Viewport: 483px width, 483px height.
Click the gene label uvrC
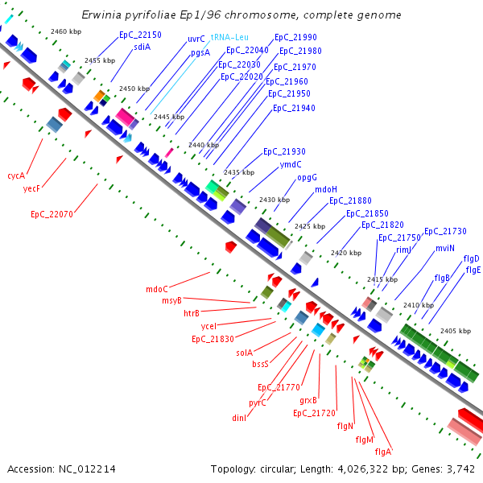click(196, 39)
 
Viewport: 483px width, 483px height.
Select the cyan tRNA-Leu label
click(229, 37)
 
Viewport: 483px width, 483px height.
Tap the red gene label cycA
click(16, 175)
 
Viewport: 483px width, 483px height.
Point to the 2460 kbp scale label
click(66, 31)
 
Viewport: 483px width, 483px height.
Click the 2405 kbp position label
click(456, 331)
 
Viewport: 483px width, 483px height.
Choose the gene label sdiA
click(142, 47)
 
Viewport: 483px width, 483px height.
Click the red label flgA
click(383, 452)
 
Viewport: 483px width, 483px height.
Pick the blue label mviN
click(445, 248)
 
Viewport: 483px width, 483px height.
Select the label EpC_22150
click(140, 35)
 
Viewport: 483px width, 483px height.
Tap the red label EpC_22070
click(52, 214)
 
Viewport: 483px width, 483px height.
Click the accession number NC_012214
click(87, 469)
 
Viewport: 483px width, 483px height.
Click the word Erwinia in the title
click(101, 14)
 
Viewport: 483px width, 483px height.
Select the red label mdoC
click(157, 289)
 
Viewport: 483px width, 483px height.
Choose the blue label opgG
click(307, 178)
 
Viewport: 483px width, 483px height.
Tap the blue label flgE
click(473, 270)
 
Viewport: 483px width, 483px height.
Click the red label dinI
click(239, 418)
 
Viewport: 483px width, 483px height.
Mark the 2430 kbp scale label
click(275, 200)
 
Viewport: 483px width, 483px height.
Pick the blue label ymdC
click(291, 164)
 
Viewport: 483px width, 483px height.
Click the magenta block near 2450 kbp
click(125, 117)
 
